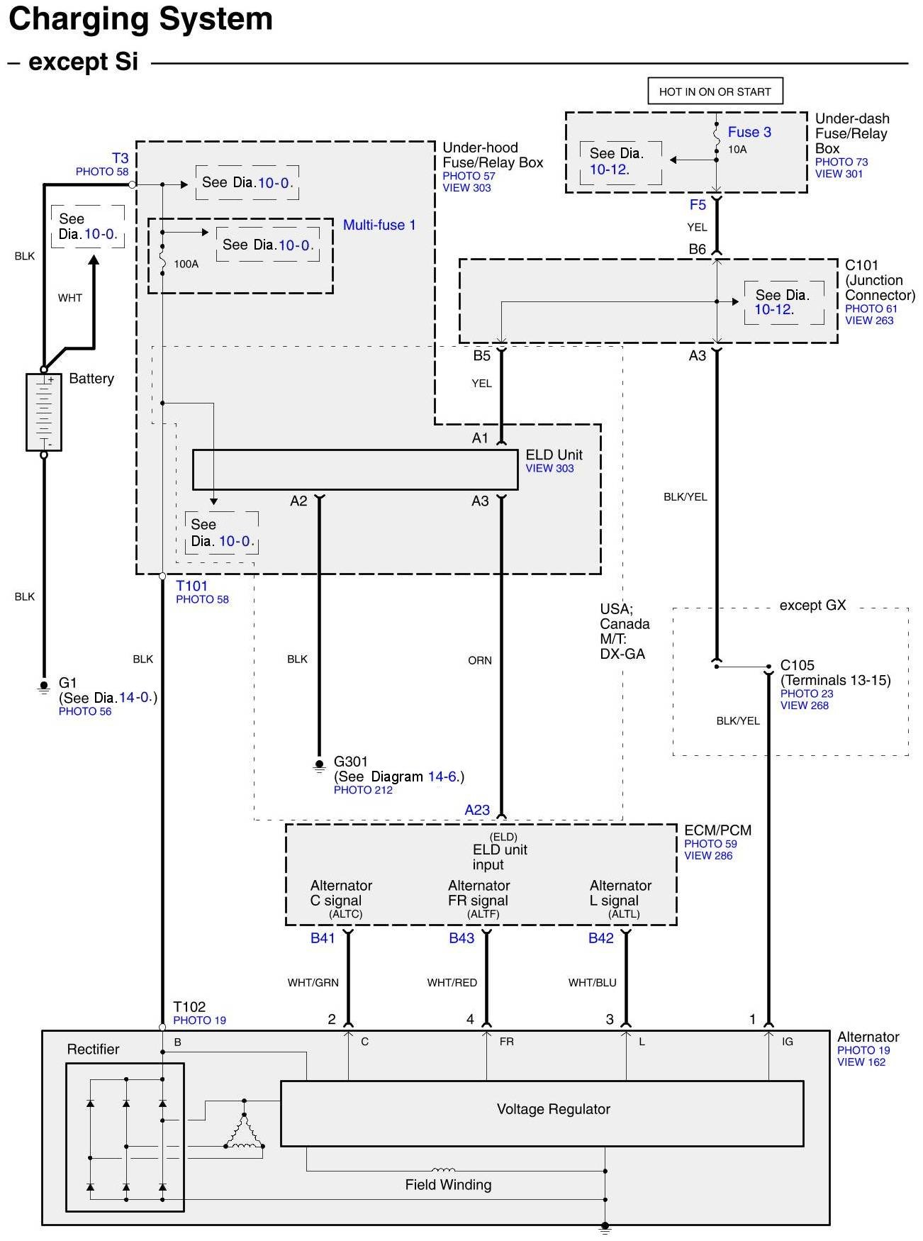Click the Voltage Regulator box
[542, 1113]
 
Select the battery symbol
[44, 412]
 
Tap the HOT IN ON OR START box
[715, 91]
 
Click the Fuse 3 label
[749, 132]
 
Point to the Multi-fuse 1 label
[379, 225]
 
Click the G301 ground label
[351, 762]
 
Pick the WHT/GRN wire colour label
[313, 983]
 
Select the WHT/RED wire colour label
[452, 983]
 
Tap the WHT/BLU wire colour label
[592, 983]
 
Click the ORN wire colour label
[480, 660]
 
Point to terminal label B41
[323, 938]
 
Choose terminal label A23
[477, 810]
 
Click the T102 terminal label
[189, 1007]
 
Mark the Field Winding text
[448, 1184]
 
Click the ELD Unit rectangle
[355, 469]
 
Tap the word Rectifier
[93, 1050]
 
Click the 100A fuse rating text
[186, 264]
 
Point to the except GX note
[812, 606]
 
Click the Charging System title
[141, 19]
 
